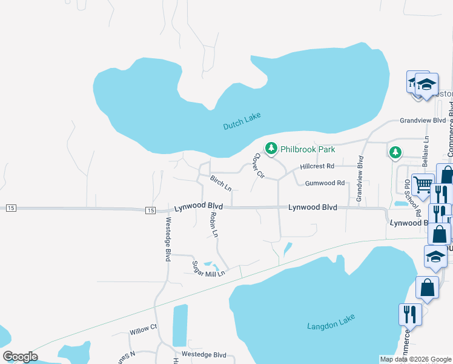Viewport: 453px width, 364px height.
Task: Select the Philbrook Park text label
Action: [x=308, y=149]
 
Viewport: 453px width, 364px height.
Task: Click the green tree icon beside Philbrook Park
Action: [x=271, y=148]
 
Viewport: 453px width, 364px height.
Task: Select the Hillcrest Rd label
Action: [x=317, y=166]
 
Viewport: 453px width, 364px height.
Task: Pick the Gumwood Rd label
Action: [x=325, y=183]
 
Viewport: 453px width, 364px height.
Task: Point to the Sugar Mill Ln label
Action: [x=208, y=268]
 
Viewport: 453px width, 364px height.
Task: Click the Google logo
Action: [x=20, y=357]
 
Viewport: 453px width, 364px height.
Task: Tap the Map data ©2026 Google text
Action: [x=415, y=359]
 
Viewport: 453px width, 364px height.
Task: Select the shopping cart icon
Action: [x=423, y=183]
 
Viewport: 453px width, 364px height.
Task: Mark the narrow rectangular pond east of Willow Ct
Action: [x=180, y=325]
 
